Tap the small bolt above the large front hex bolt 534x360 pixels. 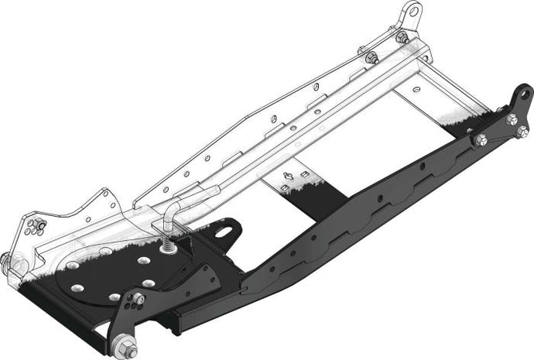pyautogui.click(x=139, y=299)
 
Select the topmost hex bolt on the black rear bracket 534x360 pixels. pyautogui.click(x=512, y=118)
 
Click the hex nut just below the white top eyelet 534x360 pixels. pyautogui.click(x=402, y=37)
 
